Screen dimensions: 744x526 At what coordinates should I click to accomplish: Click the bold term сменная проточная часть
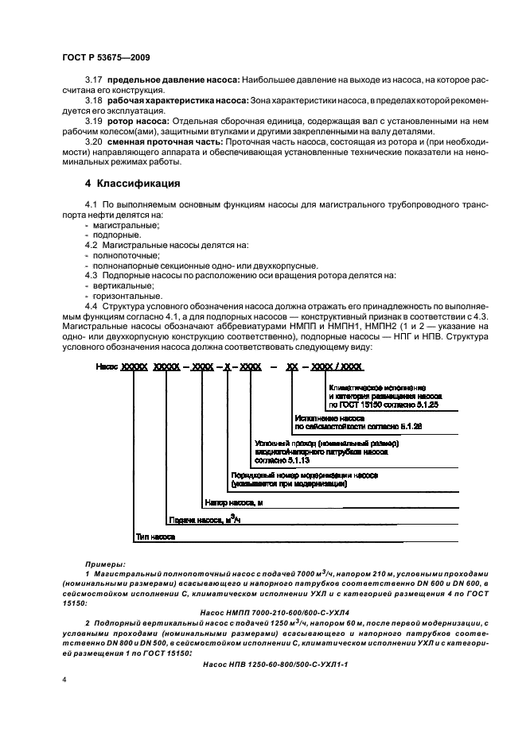164,141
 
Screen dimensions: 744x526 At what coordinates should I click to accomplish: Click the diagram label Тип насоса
155,537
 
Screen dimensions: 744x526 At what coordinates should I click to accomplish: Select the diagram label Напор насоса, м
233,503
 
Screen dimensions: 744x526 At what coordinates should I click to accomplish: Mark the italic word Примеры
105,562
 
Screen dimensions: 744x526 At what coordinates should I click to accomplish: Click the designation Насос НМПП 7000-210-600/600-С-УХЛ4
282,612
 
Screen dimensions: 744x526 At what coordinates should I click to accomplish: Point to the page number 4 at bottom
65,682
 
